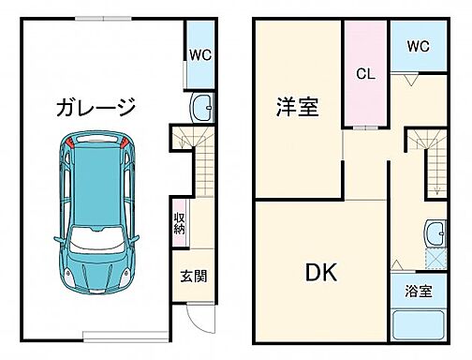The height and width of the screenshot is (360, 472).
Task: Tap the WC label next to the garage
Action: tap(200, 54)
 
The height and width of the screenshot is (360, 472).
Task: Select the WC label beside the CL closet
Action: tap(417, 45)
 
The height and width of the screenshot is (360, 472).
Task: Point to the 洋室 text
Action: tap(296, 107)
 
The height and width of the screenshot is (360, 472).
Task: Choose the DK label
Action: tap(319, 273)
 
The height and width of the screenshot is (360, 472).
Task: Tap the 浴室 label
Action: tap(419, 292)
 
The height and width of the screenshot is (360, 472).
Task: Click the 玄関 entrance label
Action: tap(194, 277)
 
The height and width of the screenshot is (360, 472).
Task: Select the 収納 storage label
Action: tap(179, 222)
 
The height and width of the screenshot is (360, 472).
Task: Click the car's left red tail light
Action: tap(70, 144)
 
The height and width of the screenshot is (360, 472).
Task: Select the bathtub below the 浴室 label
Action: tap(419, 326)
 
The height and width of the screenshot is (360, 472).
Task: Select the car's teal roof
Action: tap(96, 187)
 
